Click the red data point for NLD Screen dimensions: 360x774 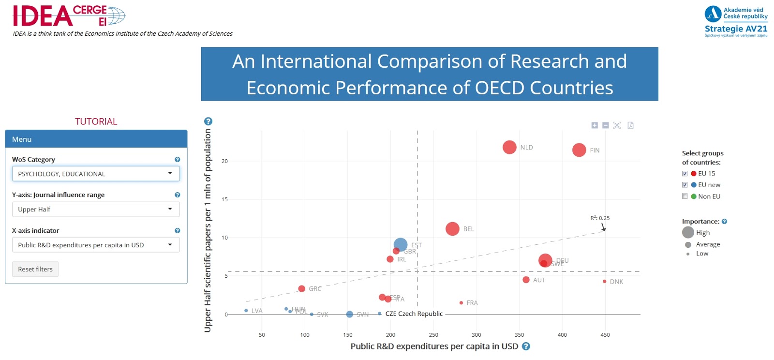[x=509, y=147]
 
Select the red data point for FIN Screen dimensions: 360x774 [x=579, y=150]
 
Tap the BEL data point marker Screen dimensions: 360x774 [x=452, y=229]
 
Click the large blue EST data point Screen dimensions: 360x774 [x=401, y=245]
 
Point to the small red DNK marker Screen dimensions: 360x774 [x=605, y=281]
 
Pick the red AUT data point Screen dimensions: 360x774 [x=526, y=280]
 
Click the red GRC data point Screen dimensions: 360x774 [x=302, y=288]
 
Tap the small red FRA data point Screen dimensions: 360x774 [x=461, y=303]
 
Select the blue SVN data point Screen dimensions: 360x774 [x=350, y=315]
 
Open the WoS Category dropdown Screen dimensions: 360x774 [x=96, y=174]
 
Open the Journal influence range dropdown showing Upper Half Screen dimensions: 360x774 [x=96, y=210]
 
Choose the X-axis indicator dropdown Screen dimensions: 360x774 [x=96, y=245]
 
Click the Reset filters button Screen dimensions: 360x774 [x=35, y=269]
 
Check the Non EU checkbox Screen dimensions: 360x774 [x=685, y=196]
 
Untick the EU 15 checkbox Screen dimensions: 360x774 [x=685, y=174]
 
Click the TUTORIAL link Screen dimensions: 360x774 [x=96, y=121]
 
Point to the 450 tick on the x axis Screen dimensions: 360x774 [x=605, y=335]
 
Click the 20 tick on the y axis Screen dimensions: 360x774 [x=224, y=161]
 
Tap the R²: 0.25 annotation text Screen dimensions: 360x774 [x=600, y=218]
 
